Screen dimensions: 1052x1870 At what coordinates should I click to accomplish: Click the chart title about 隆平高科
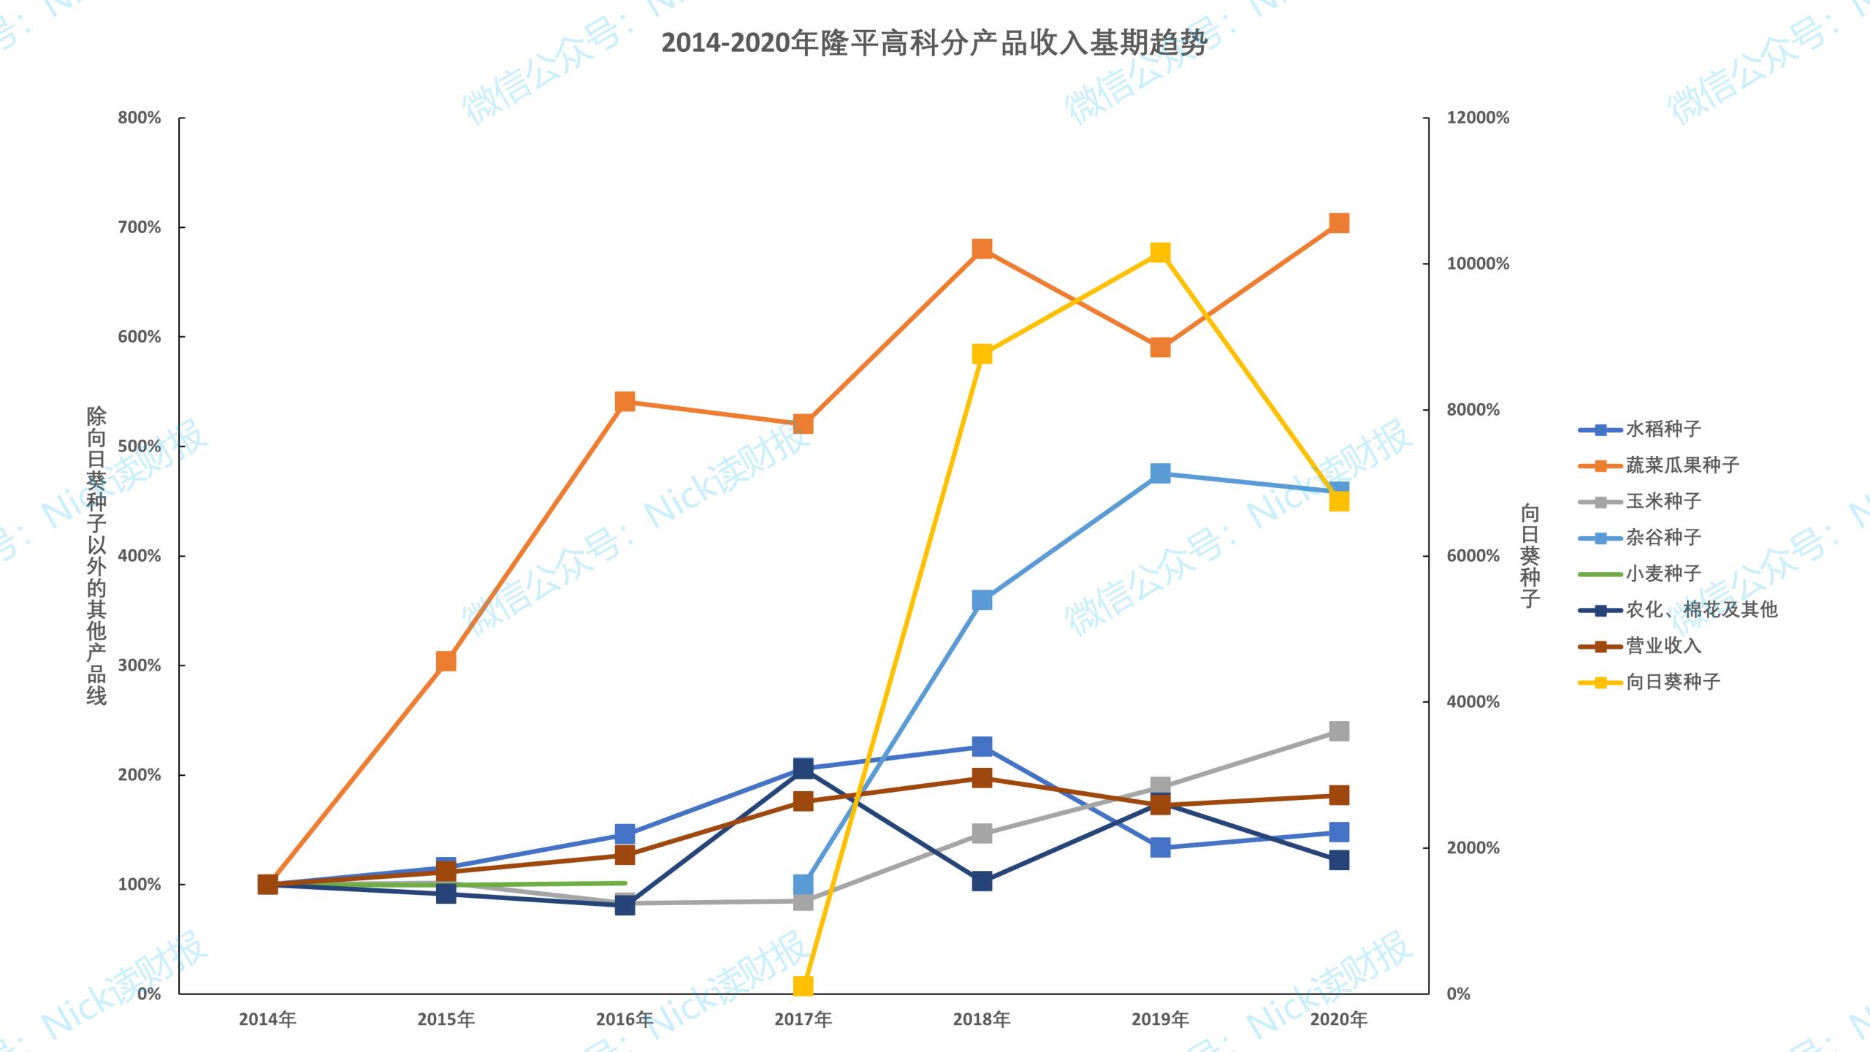tap(934, 44)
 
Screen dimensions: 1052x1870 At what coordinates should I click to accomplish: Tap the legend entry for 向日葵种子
tap(1673, 682)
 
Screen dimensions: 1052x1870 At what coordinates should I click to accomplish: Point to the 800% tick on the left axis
tap(140, 118)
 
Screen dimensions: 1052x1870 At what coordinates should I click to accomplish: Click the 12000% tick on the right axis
tap(1477, 118)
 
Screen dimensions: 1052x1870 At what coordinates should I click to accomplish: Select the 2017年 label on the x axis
tap(803, 1019)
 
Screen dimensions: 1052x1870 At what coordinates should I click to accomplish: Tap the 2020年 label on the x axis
tap(1338, 1019)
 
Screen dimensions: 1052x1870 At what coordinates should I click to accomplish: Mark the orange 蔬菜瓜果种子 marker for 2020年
tap(1339, 223)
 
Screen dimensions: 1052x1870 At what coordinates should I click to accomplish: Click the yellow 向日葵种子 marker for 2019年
tap(1160, 253)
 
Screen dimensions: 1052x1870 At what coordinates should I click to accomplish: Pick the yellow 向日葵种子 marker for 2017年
tap(803, 986)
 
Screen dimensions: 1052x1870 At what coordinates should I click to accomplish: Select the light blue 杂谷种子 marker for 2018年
tap(982, 601)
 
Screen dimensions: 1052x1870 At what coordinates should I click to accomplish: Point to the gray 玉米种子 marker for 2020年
tap(1339, 731)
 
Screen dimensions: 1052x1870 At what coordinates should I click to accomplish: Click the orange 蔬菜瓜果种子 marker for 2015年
tap(446, 661)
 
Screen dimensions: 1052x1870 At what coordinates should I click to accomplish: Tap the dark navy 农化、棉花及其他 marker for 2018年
tap(982, 881)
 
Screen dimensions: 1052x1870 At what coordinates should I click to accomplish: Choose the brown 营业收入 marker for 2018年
tap(982, 777)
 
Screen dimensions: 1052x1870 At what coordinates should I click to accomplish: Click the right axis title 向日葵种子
tap(1530, 555)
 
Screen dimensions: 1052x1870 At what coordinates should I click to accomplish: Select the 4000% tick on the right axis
tap(1473, 702)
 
